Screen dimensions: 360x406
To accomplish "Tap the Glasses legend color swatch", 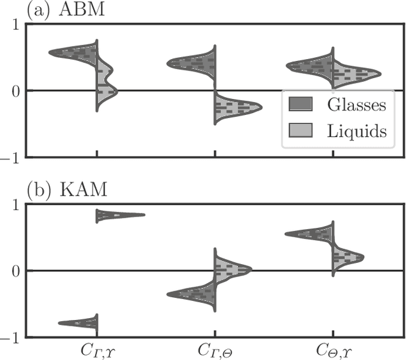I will click(x=299, y=103).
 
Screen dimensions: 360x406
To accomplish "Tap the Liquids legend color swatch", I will click(x=299, y=131).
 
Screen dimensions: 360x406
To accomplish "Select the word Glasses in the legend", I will click(x=357, y=103).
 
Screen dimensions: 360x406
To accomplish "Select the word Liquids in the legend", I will click(x=357, y=131).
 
